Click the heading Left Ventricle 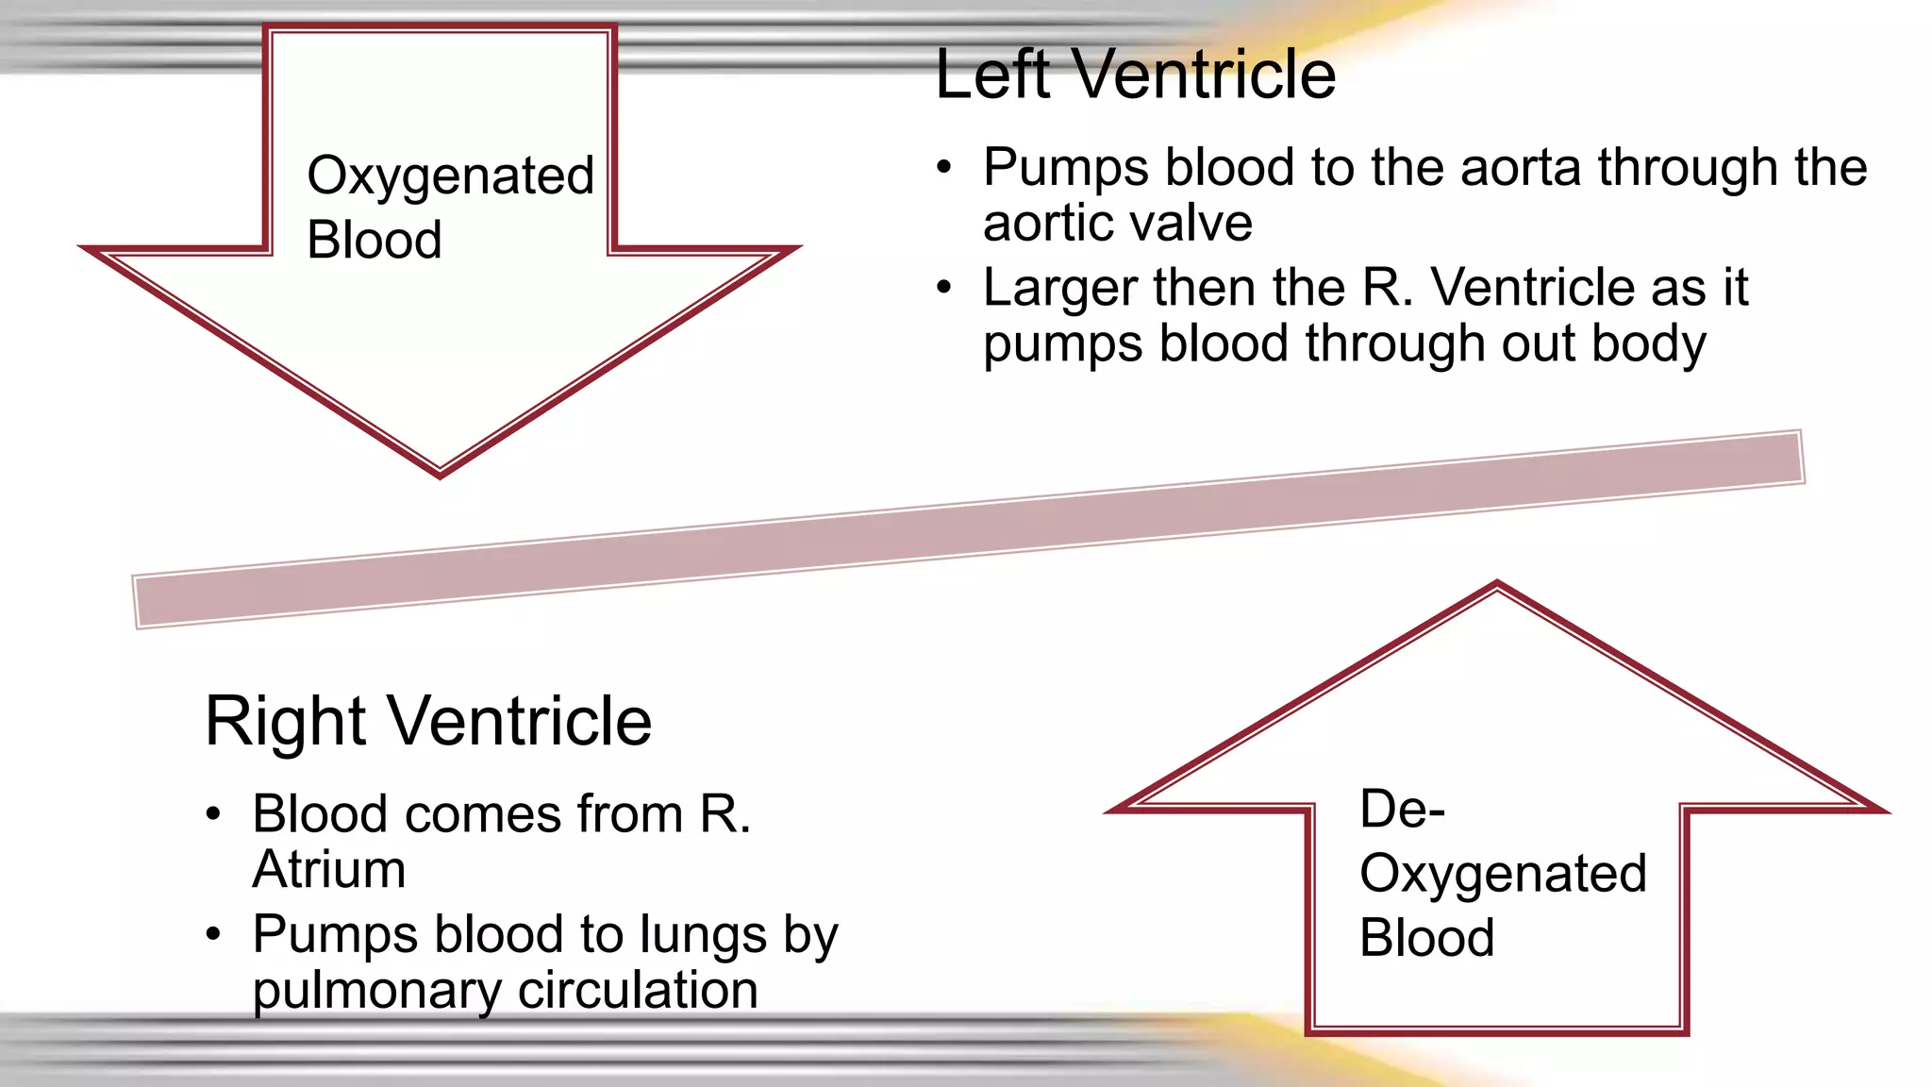(x=1135, y=75)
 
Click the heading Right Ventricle (x=428, y=722)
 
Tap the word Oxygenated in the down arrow (x=451, y=176)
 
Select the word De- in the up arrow (x=1402, y=810)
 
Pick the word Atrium (x=329, y=869)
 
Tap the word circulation (x=638, y=991)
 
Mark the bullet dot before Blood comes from (x=214, y=814)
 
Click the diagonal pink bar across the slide (x=968, y=528)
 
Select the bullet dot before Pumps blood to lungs (x=214, y=934)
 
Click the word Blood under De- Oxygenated (x=1426, y=939)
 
